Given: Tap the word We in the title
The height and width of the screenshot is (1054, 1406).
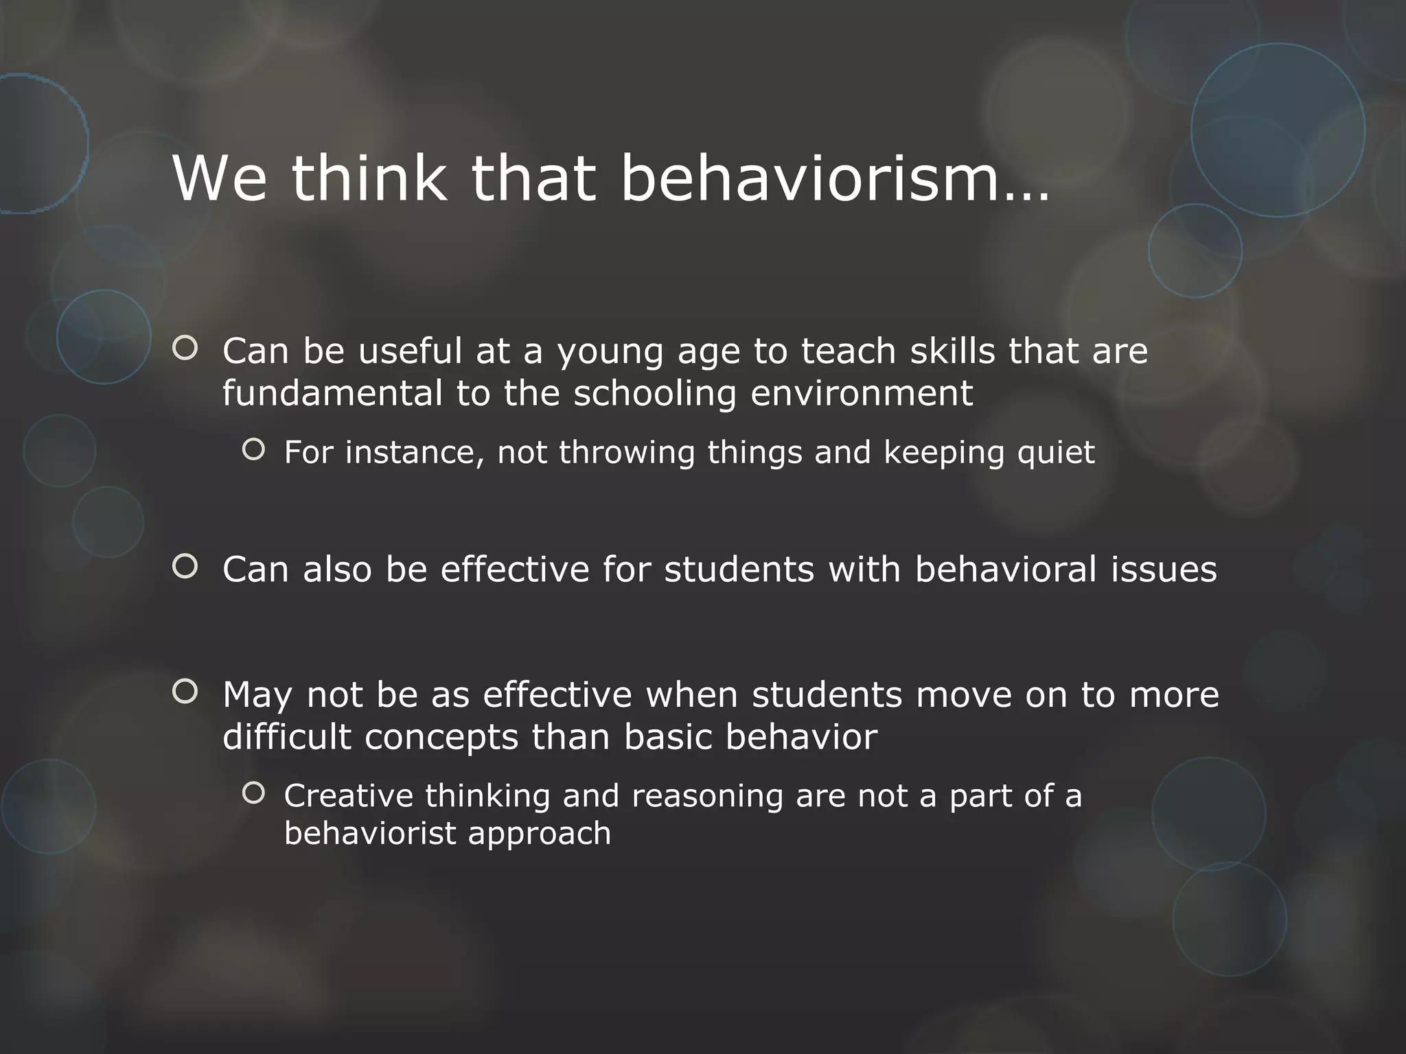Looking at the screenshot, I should coord(220,178).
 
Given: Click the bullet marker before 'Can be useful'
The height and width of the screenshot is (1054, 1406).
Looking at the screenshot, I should coord(185,349).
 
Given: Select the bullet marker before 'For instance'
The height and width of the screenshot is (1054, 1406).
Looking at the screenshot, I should coord(253,449).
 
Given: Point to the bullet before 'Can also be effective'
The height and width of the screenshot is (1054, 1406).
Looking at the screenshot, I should coord(185,567).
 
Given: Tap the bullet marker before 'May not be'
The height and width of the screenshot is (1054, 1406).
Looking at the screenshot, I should coord(185,692).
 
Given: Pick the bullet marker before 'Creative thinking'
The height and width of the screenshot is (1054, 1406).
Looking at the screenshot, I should coord(253,793).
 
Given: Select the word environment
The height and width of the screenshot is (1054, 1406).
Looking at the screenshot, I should coord(862,394).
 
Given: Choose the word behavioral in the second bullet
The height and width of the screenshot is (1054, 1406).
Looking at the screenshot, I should coord(1006,570).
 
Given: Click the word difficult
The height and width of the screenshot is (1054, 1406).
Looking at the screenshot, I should coord(287,737).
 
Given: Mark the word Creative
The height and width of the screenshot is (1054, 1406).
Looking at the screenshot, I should coord(349,796).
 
